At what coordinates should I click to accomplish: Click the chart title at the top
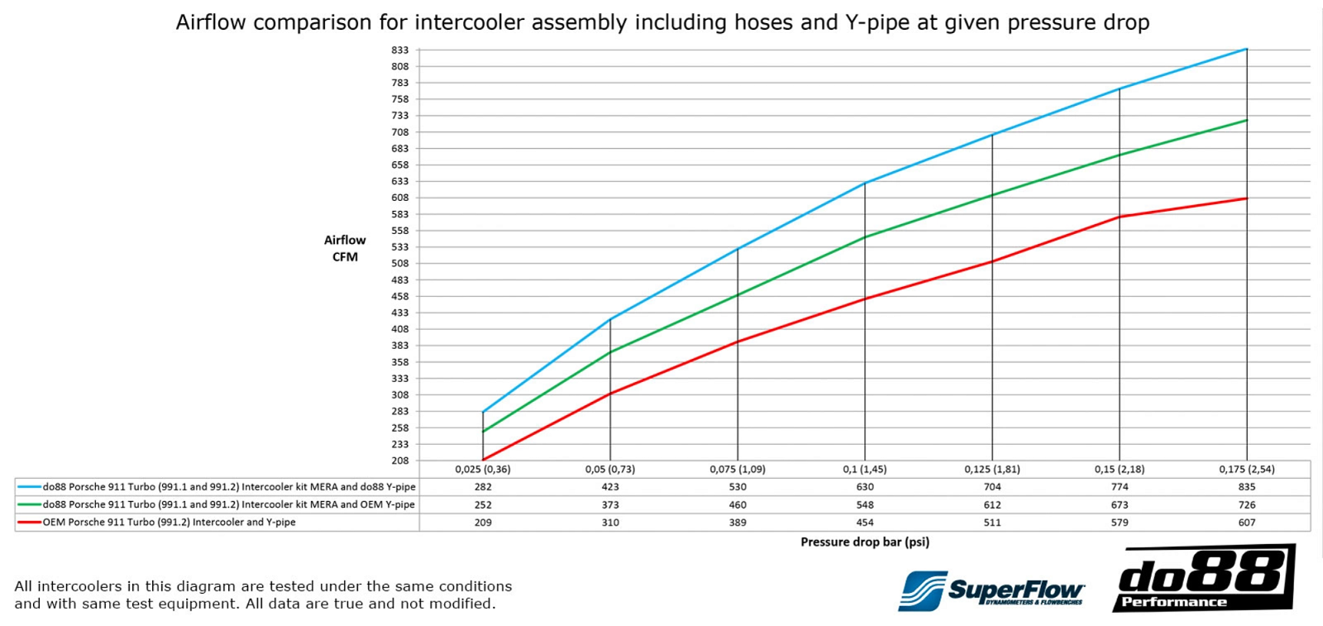point(662,22)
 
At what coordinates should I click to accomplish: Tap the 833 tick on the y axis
point(400,50)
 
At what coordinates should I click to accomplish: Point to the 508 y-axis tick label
point(400,264)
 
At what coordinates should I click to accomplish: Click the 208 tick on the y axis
point(400,461)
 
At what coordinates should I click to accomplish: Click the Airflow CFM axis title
point(345,248)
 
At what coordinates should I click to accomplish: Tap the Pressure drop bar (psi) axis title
point(865,542)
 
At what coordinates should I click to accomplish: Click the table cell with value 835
point(1247,487)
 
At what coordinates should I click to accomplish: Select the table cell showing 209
point(483,523)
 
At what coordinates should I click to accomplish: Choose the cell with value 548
point(865,504)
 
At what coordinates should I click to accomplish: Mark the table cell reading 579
point(1120,523)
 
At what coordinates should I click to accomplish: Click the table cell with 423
point(610,487)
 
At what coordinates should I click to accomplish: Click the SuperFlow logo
point(991,590)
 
